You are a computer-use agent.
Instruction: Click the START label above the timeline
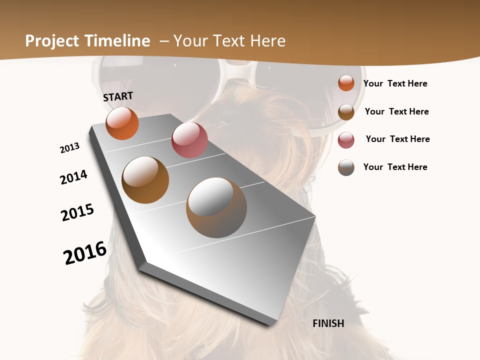[x=118, y=96]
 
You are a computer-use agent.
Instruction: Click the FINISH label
[x=328, y=323]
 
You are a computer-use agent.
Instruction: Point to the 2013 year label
[x=69, y=148]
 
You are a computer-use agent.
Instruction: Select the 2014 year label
[x=73, y=177]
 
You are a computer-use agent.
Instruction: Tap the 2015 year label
[x=77, y=212]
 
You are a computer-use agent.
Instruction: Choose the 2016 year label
[x=85, y=253]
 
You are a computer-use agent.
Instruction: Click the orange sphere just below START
[x=122, y=123]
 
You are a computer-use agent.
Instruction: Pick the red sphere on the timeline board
[x=189, y=140]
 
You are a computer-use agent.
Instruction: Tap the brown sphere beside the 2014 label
[x=145, y=180]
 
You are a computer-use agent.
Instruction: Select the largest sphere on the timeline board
[x=216, y=207]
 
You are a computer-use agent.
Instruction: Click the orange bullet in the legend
[x=346, y=83]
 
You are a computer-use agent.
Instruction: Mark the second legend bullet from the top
[x=346, y=111]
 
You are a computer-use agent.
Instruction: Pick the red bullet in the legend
[x=346, y=139]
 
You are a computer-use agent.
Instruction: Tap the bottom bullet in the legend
[x=346, y=167]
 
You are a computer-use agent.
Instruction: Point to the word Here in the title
[x=267, y=41]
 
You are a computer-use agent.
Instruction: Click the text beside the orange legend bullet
[x=395, y=83]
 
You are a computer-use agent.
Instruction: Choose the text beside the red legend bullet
[x=397, y=139]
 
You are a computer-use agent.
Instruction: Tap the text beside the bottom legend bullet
[x=395, y=167]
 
